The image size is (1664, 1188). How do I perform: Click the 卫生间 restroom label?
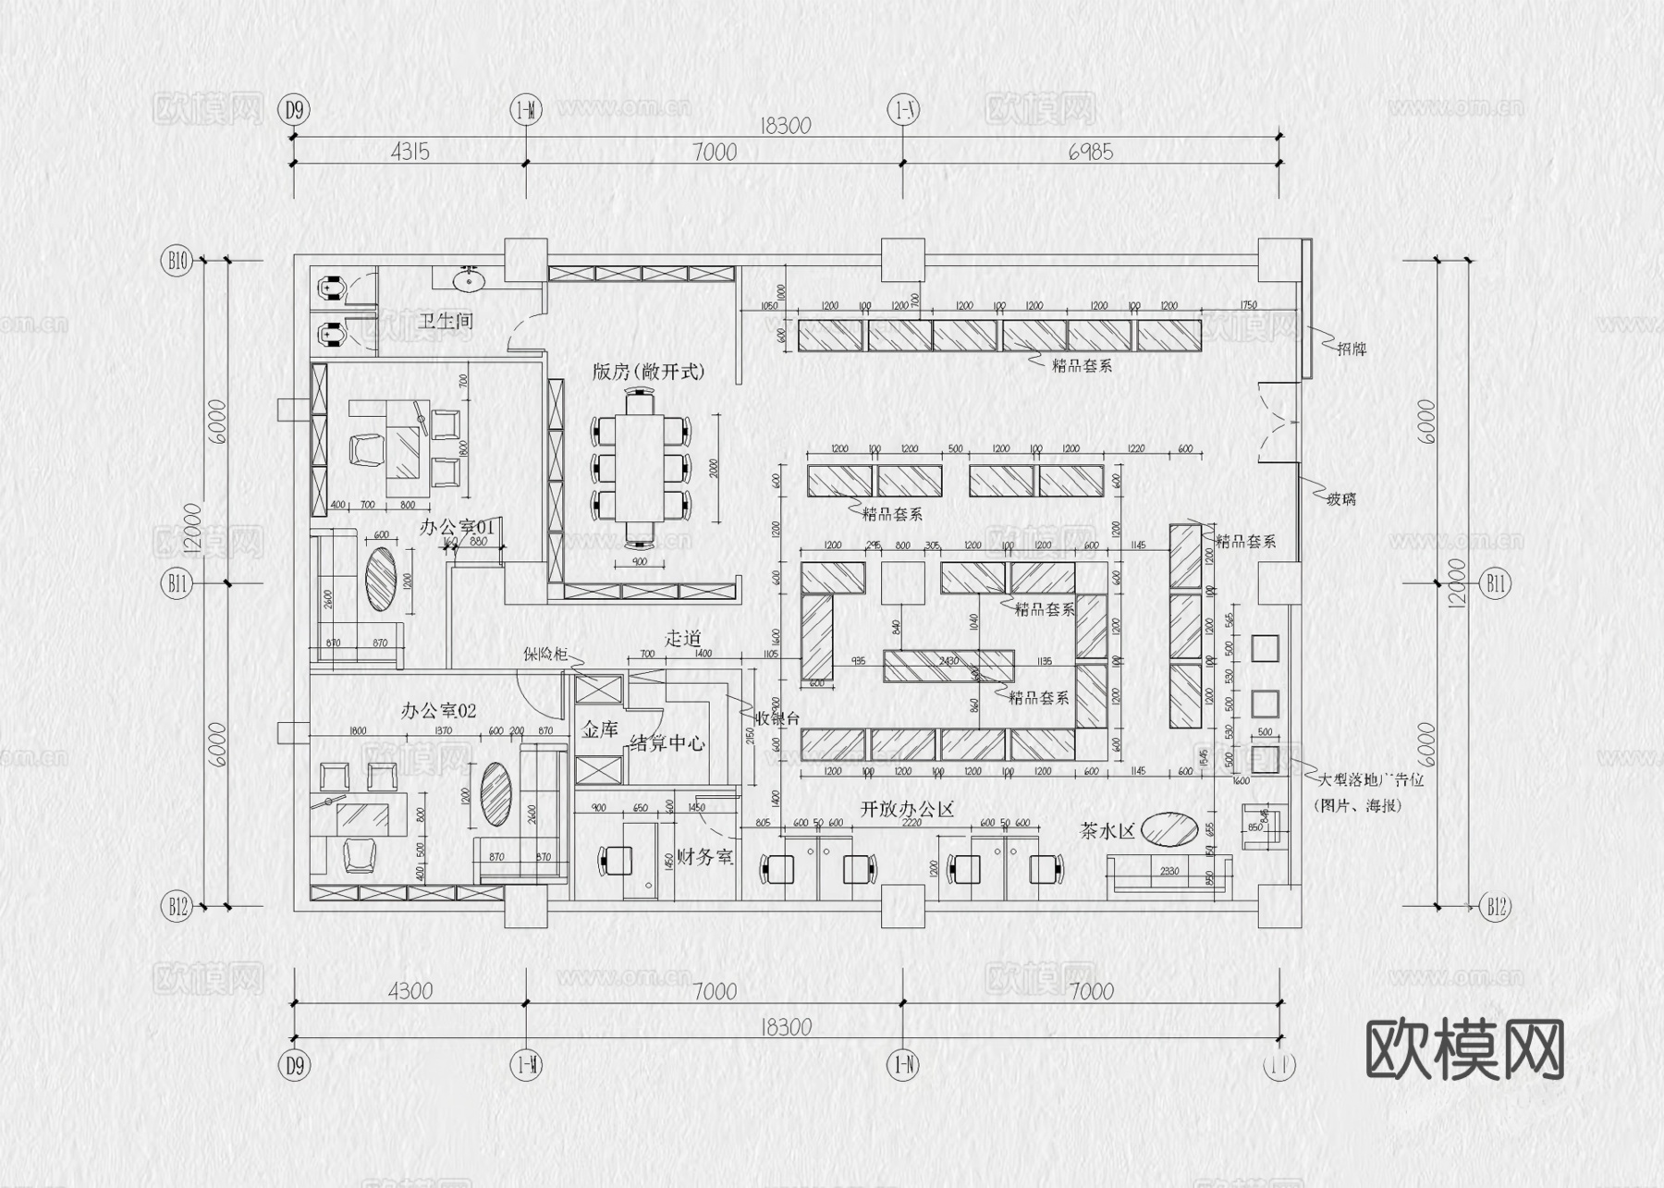(x=446, y=322)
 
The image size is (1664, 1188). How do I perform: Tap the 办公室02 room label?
(x=438, y=711)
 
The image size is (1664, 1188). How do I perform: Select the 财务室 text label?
(x=704, y=857)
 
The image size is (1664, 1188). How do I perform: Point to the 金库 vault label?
(x=599, y=729)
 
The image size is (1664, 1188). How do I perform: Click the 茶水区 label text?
(x=1107, y=831)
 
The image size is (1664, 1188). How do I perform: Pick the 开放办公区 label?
(x=907, y=810)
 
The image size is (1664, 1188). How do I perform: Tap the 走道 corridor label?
(x=682, y=638)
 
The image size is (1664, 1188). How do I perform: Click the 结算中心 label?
(x=667, y=743)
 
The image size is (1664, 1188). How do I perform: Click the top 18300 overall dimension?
(x=785, y=126)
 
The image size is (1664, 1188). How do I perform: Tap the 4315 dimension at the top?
(x=410, y=152)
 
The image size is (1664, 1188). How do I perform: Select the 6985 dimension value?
(x=1091, y=152)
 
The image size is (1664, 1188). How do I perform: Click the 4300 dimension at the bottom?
(x=410, y=991)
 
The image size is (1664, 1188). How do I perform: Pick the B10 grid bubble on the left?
(x=177, y=261)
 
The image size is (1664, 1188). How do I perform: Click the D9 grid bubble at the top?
(x=294, y=110)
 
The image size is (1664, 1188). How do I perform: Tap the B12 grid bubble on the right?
(x=1496, y=907)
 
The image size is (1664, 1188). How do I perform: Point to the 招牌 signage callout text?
(x=1352, y=349)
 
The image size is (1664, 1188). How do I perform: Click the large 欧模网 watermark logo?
(x=1464, y=1050)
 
